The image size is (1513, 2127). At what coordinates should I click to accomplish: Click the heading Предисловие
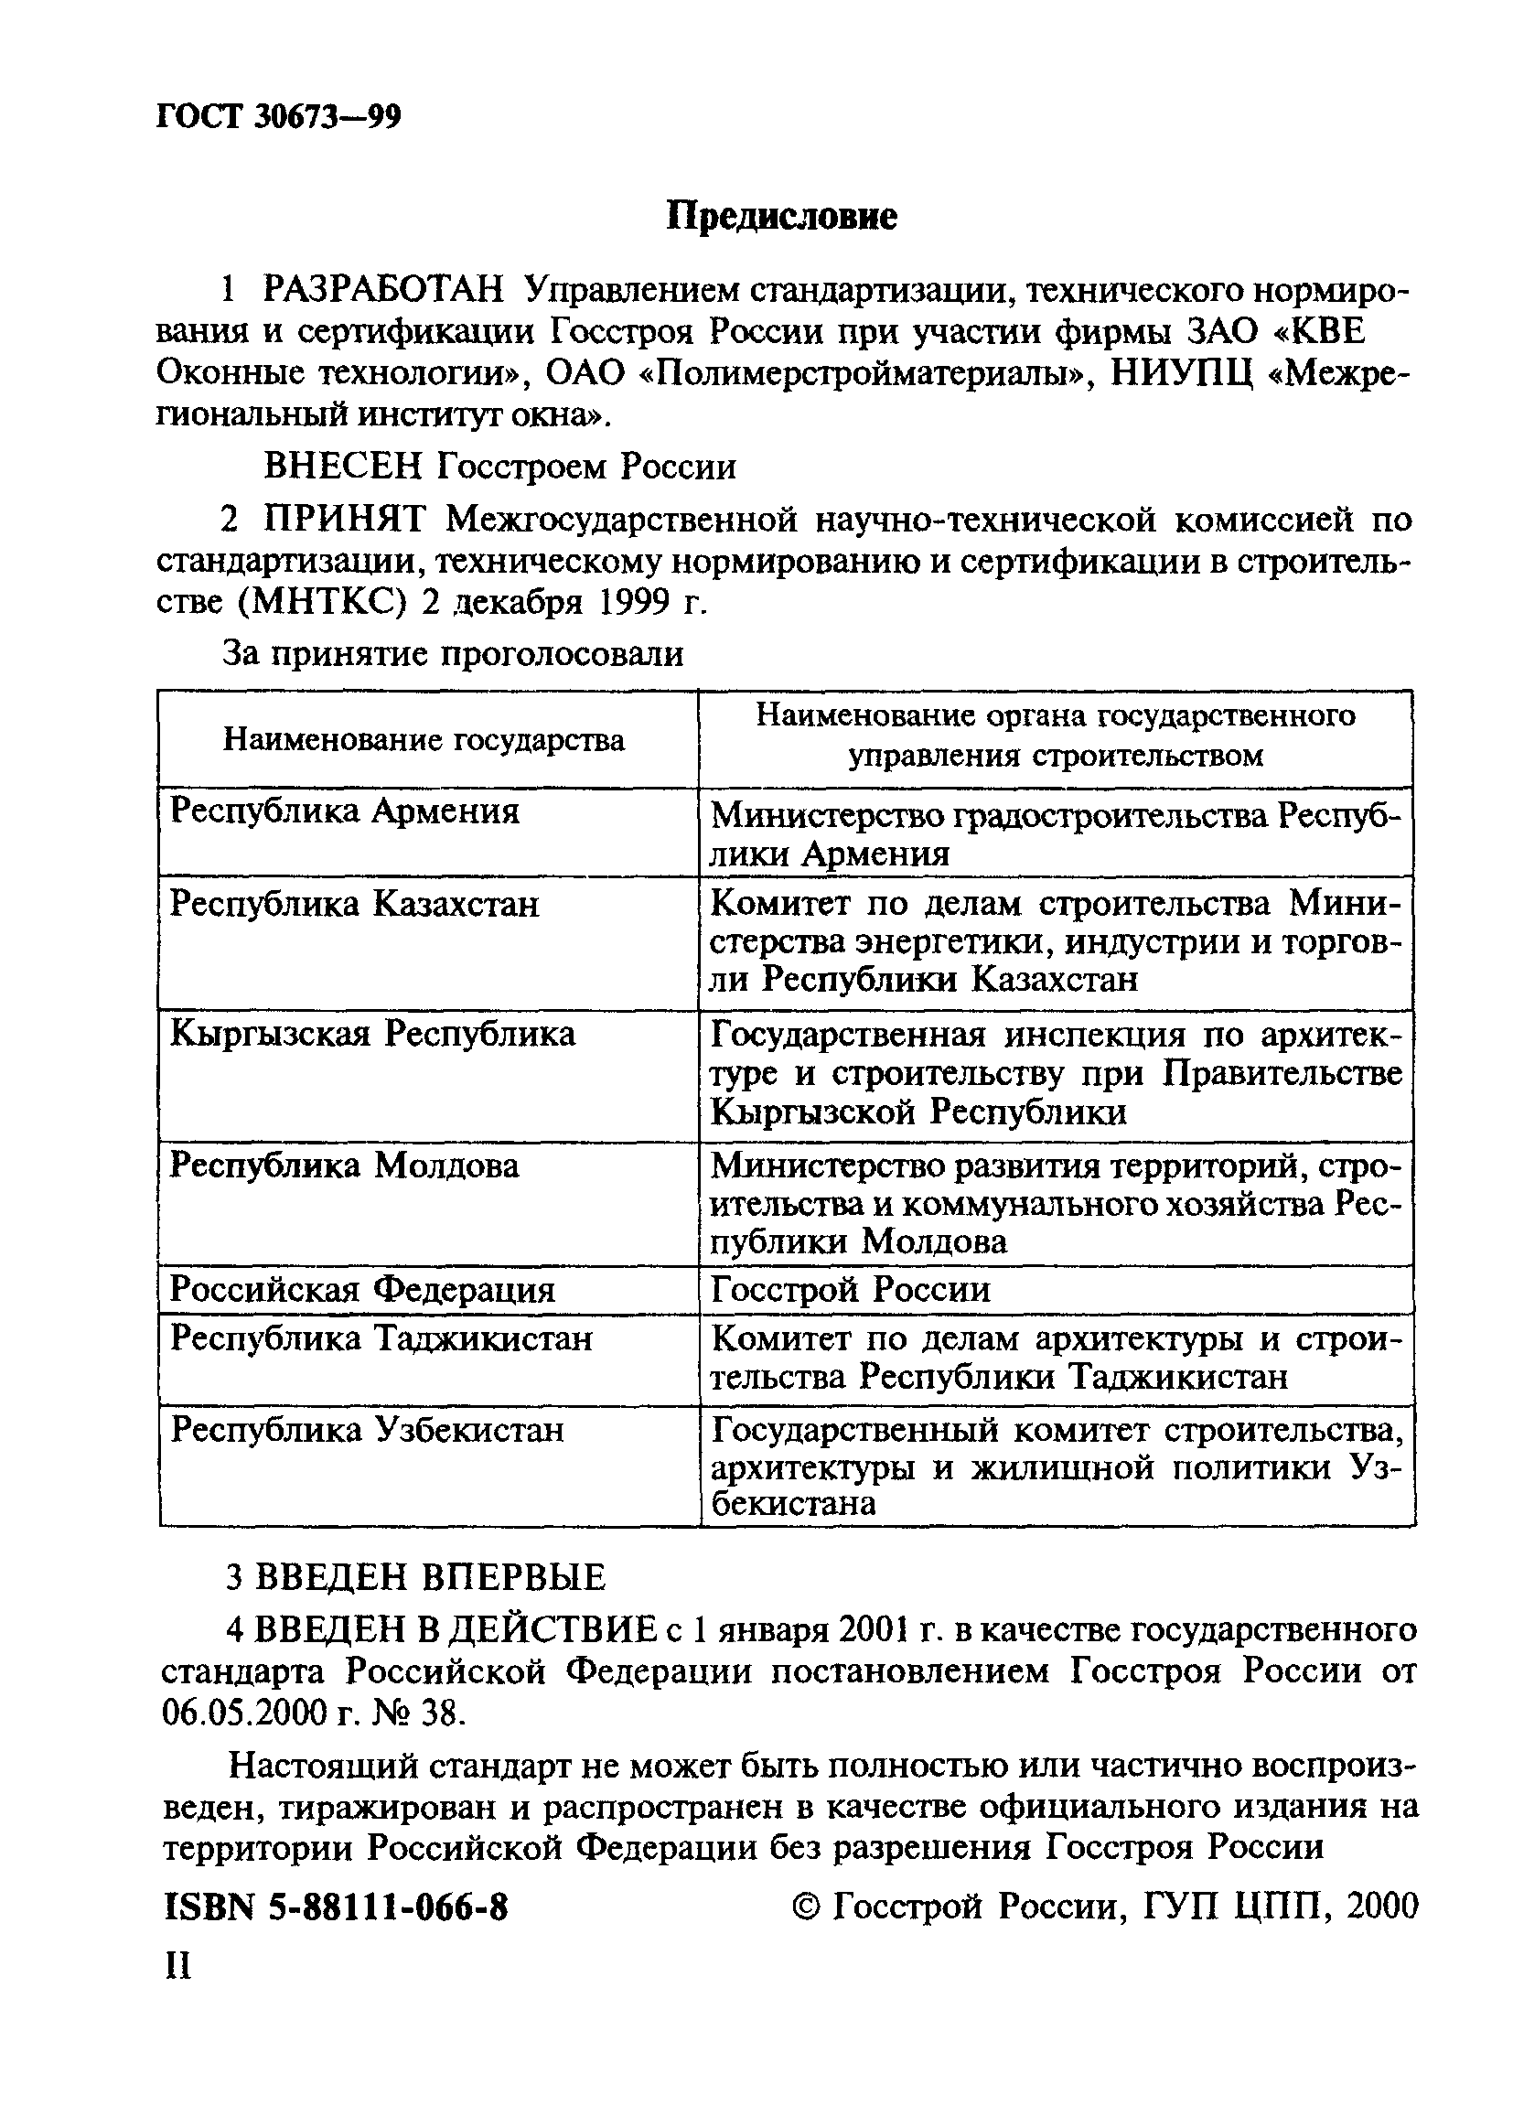[x=781, y=217]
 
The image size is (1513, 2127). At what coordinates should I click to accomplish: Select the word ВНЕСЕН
[x=344, y=466]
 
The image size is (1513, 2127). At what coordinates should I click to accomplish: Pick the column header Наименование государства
[x=424, y=741]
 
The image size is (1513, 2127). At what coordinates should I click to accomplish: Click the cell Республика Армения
[x=345, y=811]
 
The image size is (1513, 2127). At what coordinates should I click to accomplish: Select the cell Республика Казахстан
[x=354, y=904]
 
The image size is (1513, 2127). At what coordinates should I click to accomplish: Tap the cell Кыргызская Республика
[x=372, y=1033]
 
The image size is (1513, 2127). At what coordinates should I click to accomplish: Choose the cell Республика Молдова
[x=345, y=1166]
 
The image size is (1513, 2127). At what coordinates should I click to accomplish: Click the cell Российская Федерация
[x=362, y=1290]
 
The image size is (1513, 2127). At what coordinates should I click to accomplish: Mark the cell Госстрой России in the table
[x=851, y=1290]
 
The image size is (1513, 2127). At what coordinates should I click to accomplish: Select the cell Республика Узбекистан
[x=368, y=1429]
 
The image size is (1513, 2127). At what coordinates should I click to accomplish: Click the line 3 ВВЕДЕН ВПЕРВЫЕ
[x=416, y=1577]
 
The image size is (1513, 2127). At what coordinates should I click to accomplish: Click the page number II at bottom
[x=177, y=1966]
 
